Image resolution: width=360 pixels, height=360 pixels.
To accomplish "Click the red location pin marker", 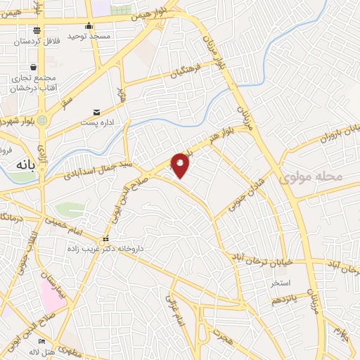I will coord(181,165).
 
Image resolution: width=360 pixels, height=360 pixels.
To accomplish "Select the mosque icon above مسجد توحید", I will coord(89,26).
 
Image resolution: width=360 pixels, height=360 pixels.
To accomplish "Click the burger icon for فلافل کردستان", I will coord(37,30).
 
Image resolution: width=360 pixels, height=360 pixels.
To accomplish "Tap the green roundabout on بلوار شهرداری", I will coord(42,120).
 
